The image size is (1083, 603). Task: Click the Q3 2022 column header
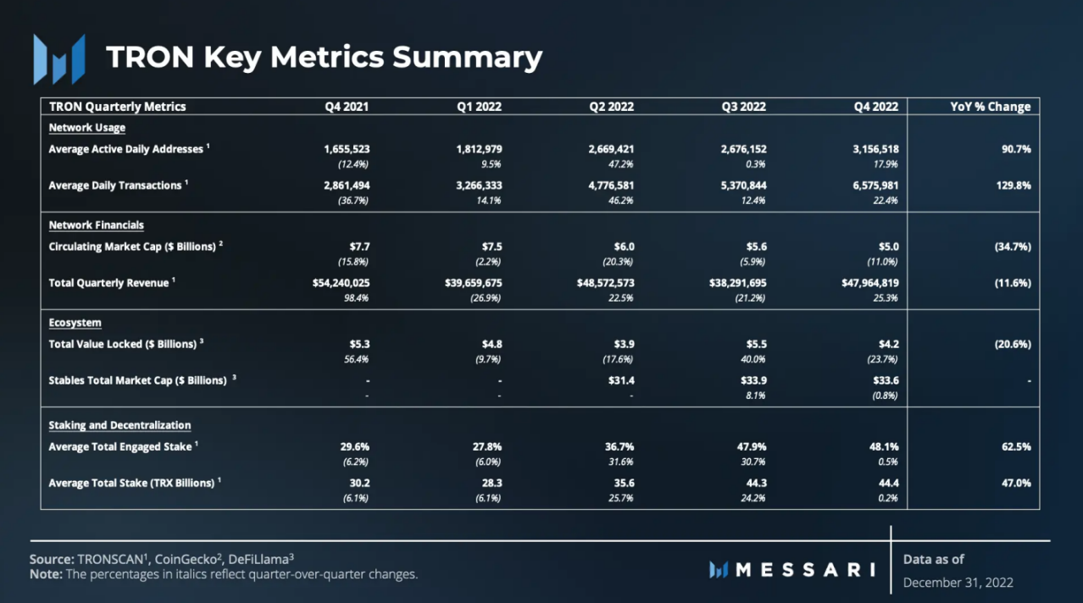coord(743,107)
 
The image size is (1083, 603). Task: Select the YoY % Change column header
coord(990,107)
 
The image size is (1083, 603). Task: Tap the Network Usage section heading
coord(86,128)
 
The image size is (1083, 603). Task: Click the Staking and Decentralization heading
coord(119,425)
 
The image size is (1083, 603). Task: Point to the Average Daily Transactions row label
coord(115,185)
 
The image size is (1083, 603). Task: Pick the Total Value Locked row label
coord(122,344)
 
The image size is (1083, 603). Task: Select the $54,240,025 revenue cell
coord(341,283)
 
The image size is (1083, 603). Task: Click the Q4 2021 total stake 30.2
coord(359,483)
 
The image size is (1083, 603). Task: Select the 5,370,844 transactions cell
coord(738,185)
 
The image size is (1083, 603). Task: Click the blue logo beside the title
coord(58,58)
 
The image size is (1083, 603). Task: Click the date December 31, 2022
coord(958,583)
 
